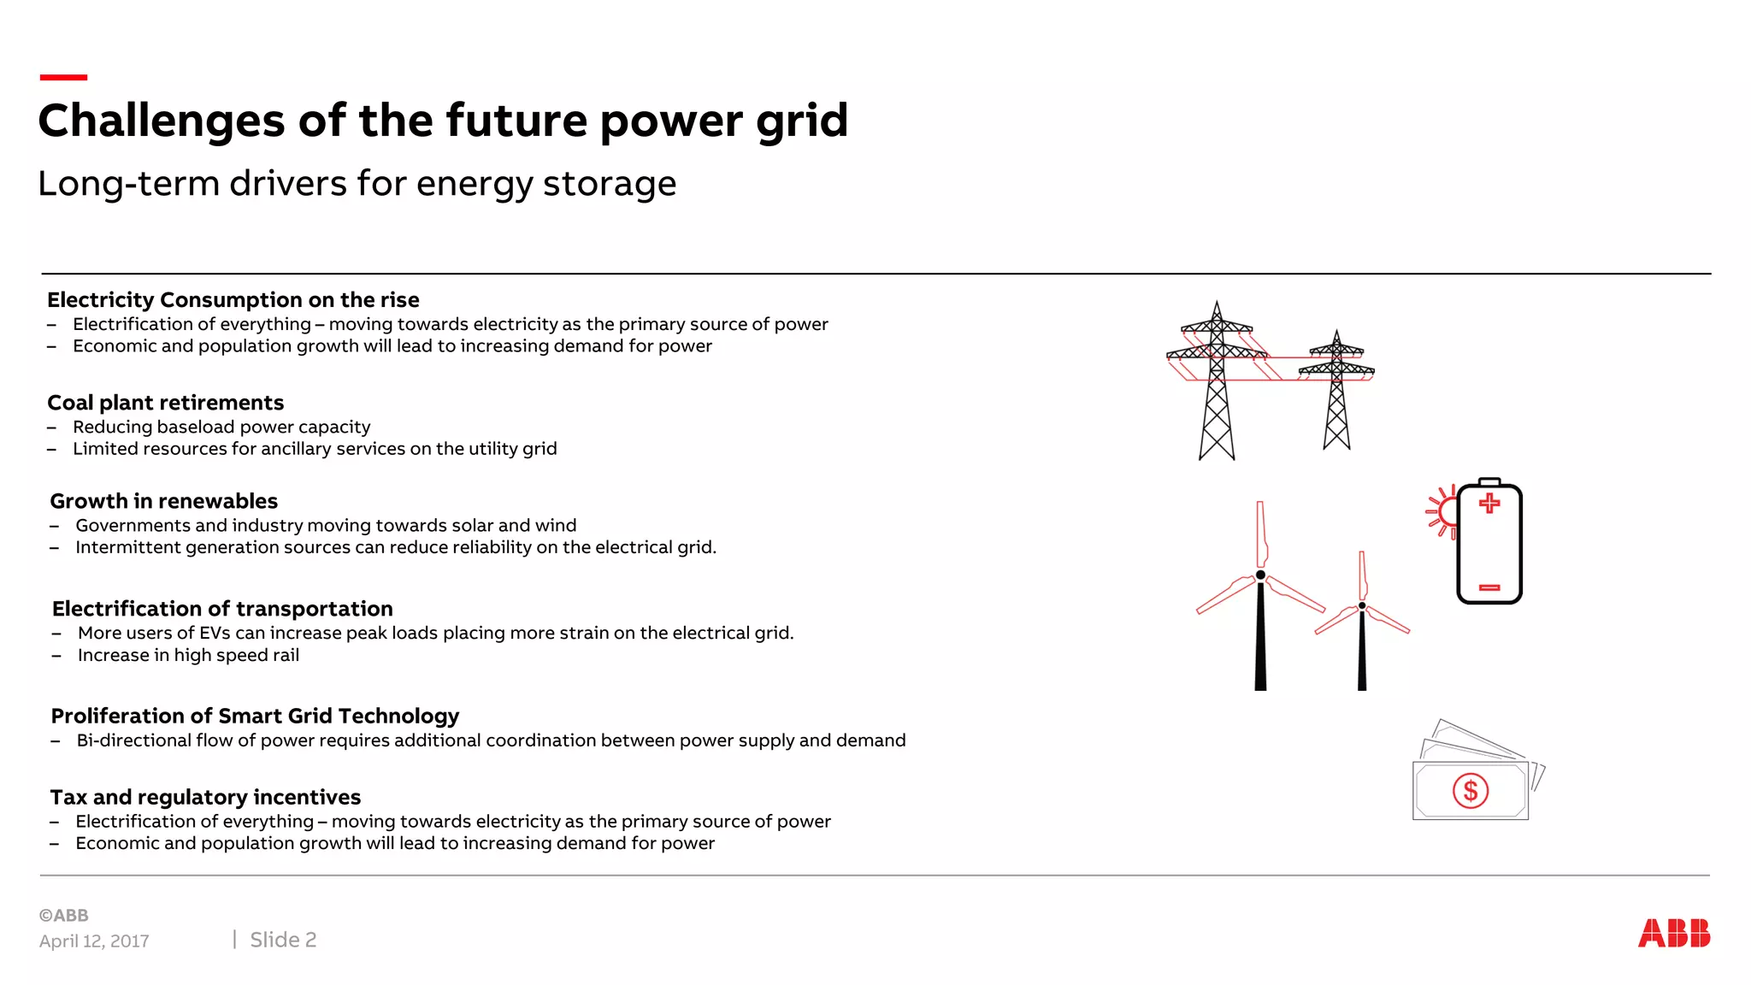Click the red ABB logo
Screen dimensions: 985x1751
(1673, 933)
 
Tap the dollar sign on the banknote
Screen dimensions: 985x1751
(1471, 791)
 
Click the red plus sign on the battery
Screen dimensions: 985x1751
(1489, 503)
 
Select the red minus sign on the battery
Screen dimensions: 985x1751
(1489, 587)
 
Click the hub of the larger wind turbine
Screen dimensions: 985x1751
(1260, 575)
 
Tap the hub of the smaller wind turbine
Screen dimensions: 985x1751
(1362, 605)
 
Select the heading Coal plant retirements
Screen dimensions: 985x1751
(165, 403)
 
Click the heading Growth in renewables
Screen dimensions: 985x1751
(163, 501)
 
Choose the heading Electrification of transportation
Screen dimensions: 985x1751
(222, 609)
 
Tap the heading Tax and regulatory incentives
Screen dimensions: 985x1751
(205, 797)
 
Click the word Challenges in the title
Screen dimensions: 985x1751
(162, 121)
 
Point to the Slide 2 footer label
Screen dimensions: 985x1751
(283, 940)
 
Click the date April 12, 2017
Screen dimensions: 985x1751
(94, 941)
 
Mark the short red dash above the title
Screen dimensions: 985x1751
(63, 78)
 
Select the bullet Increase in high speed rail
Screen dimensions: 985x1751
(188, 656)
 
